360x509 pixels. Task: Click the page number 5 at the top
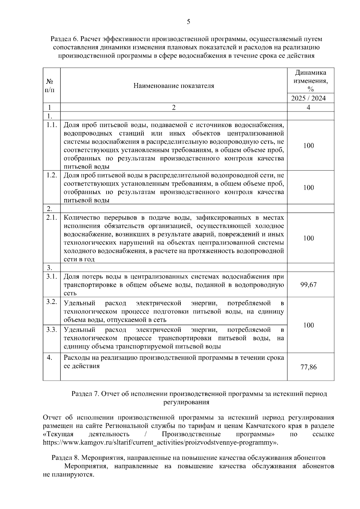[x=188, y=22]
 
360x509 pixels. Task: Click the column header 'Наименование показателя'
[x=174, y=86]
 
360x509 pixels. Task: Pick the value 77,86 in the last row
[x=308, y=367]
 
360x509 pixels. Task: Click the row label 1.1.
[x=52, y=125]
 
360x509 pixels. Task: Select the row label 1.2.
[x=52, y=175]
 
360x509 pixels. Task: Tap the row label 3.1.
[x=52, y=276]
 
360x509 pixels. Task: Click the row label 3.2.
[x=52, y=302]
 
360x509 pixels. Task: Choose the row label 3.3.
[x=52, y=330]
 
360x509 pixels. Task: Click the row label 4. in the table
[x=50, y=357]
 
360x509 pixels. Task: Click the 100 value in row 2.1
[x=308, y=238]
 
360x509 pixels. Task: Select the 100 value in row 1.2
[x=308, y=188]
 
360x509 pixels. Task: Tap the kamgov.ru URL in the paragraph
[x=159, y=442]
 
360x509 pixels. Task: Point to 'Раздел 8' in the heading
[x=65, y=458]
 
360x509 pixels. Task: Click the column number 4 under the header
[x=308, y=107]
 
